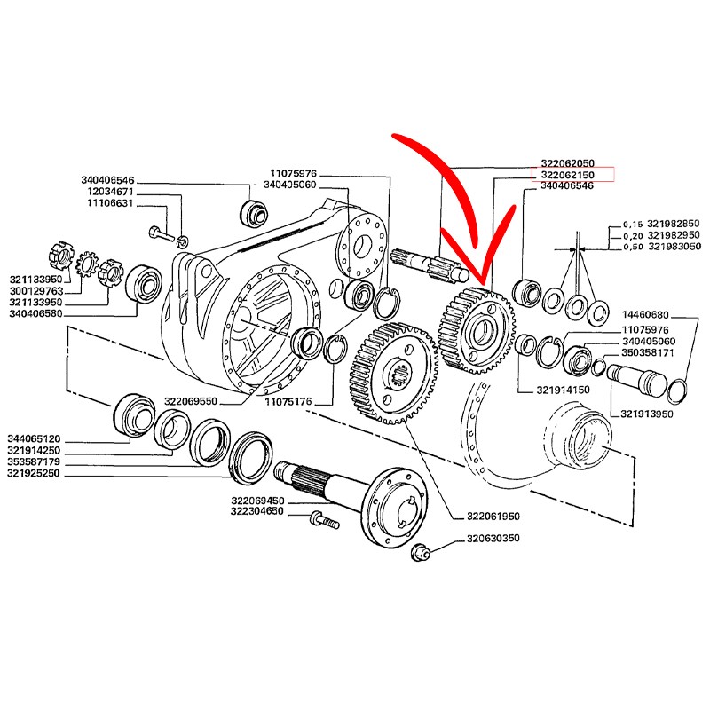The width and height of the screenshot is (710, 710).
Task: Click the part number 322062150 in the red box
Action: click(567, 175)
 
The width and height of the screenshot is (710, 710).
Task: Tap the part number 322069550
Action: click(191, 401)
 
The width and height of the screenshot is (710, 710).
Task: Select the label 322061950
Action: click(493, 517)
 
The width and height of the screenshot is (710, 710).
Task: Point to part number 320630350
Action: click(493, 539)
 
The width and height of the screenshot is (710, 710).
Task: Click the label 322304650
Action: click(257, 512)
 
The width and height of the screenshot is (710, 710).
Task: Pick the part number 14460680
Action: click(645, 315)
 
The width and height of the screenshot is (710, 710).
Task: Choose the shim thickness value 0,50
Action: click(633, 247)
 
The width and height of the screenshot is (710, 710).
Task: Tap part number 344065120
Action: click(34, 438)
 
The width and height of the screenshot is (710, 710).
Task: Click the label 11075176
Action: click(288, 402)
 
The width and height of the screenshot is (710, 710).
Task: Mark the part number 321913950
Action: click(647, 414)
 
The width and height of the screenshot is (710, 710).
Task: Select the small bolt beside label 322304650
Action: click(325, 520)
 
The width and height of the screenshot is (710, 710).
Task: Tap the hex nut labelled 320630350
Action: click(419, 552)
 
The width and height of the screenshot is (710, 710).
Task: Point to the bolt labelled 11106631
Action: click(161, 234)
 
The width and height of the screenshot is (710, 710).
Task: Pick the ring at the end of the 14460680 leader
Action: click(677, 390)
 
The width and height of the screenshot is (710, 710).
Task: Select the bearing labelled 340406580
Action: click(144, 282)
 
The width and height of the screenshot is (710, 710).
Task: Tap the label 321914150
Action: click(563, 390)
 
